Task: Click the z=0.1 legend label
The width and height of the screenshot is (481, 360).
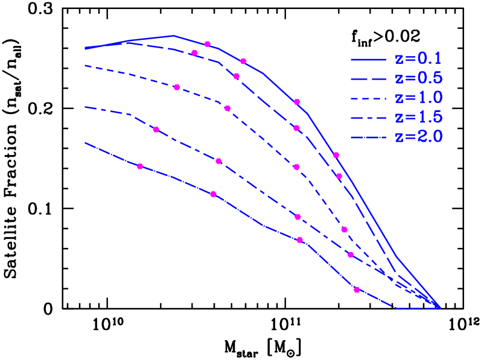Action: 418,58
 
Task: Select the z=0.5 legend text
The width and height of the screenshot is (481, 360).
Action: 418,78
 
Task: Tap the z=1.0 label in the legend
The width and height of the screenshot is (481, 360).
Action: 418,98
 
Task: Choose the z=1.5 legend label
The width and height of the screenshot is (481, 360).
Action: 418,117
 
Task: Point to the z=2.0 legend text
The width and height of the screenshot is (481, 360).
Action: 418,137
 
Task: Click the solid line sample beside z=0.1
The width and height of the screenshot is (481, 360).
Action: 368,59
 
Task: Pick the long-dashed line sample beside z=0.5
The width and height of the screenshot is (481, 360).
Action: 368,78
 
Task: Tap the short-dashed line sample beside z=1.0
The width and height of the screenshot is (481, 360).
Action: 368,98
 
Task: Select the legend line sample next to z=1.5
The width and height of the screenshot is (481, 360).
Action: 368,118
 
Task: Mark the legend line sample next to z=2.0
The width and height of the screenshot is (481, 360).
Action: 368,137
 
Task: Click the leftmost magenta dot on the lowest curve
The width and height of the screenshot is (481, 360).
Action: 141,166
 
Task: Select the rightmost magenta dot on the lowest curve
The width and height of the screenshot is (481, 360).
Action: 357,290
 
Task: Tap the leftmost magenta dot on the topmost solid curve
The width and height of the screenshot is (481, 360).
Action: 208,44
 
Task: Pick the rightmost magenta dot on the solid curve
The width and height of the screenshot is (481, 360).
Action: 336,155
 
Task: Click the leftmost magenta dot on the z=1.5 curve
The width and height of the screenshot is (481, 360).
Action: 156,130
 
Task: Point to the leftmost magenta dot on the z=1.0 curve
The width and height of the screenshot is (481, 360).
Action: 177,87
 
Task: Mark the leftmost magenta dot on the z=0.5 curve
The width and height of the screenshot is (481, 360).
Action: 194,53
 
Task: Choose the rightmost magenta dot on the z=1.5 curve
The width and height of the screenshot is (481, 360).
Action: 351,254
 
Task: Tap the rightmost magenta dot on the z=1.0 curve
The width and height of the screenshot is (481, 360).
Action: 345,230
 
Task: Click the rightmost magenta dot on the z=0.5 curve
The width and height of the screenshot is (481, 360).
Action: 339,176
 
